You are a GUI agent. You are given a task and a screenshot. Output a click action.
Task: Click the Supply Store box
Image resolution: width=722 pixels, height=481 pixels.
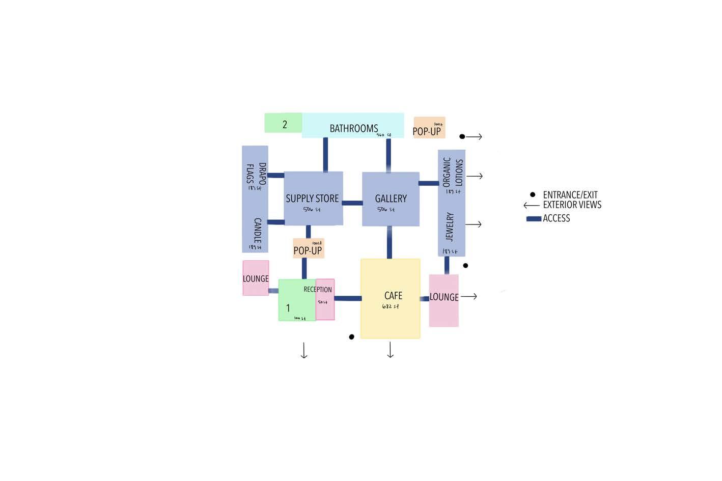point(313,199)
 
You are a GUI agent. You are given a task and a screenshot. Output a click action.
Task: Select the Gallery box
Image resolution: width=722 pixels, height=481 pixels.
point(391,199)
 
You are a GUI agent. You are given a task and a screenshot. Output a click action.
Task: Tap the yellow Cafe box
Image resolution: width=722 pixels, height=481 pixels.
point(391,298)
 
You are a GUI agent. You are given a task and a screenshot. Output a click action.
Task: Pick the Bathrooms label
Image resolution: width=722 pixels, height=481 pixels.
point(354,129)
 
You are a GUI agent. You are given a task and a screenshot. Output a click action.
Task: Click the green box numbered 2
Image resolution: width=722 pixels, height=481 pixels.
point(283,123)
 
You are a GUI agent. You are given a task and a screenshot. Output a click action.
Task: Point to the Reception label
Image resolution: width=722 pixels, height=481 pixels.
point(318,290)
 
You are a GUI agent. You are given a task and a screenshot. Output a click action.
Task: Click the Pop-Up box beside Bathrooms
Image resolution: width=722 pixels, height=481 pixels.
point(429,128)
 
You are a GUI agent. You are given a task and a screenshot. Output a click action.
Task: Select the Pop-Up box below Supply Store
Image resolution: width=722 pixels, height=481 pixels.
point(309,248)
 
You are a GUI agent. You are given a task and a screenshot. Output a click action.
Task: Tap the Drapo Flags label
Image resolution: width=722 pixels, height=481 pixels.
point(256,174)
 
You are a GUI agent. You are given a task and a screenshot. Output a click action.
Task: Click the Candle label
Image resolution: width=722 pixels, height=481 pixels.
point(258,230)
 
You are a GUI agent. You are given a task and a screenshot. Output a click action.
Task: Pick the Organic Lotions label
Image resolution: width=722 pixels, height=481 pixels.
point(452,172)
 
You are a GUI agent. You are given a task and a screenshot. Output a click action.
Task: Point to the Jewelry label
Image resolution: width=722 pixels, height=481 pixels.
point(450,227)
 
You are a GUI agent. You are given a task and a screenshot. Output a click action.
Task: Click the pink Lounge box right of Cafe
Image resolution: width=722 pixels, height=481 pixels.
point(444,300)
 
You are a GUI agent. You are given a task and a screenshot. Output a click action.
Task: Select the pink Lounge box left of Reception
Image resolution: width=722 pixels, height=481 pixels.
point(256,278)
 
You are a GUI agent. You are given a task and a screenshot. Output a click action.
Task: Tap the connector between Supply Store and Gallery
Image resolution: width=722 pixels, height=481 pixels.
point(352,203)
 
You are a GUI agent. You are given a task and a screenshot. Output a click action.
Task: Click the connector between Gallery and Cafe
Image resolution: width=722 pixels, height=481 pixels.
point(390,242)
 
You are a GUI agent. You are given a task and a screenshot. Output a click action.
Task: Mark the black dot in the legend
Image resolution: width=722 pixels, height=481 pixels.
point(533,194)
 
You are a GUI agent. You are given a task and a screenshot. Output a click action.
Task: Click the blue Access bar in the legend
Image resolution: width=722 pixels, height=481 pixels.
point(534,219)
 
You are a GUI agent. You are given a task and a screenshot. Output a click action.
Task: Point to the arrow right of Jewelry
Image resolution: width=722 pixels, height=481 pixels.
point(474,224)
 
